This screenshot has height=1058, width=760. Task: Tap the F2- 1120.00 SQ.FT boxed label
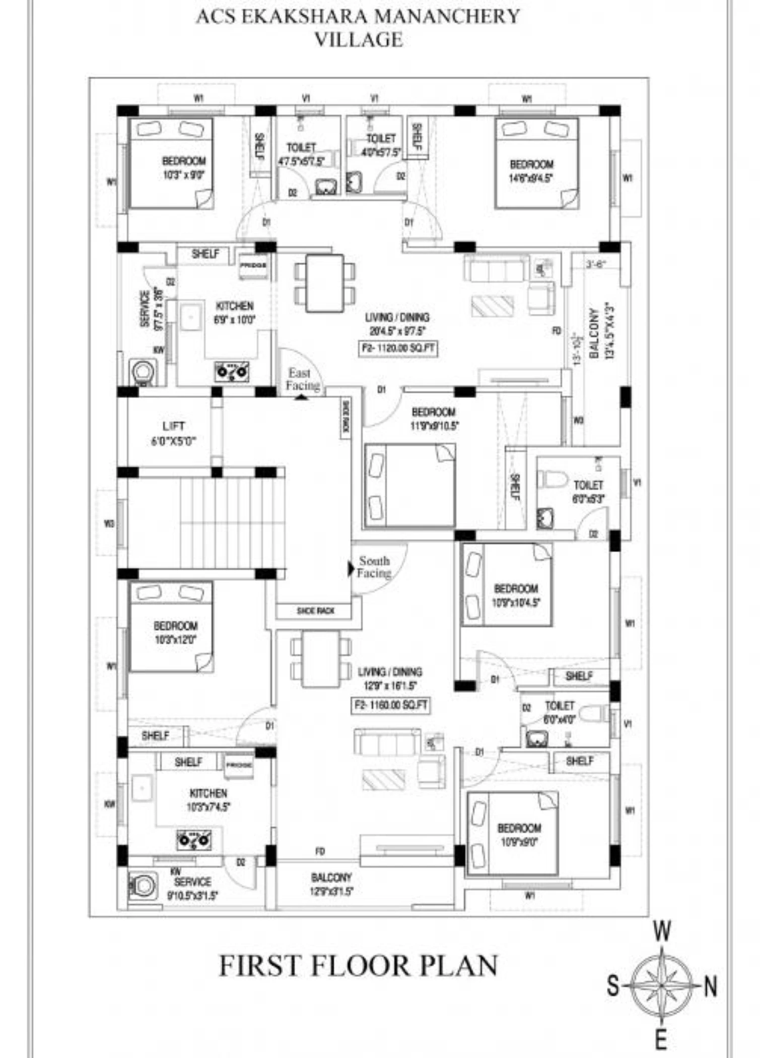398,349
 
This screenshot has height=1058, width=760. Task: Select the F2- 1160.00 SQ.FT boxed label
391,705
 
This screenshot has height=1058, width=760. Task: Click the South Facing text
374,567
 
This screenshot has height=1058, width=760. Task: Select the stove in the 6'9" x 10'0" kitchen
232,372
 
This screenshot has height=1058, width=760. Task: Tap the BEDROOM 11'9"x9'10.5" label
434,418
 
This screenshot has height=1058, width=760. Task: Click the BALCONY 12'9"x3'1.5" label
331,884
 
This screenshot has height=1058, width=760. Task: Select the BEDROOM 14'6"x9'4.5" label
531,171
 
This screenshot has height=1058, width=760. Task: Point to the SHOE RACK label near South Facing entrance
315,611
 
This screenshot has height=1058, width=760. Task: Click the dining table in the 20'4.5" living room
324,284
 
